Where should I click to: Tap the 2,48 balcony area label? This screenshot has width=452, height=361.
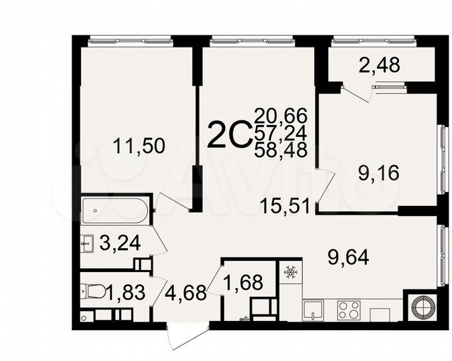[x=362, y=66]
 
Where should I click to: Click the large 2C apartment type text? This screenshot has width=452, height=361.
[x=230, y=136]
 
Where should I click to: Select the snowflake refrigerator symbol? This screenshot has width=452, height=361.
[x=291, y=272]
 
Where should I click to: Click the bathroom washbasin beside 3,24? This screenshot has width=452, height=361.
[x=87, y=242]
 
